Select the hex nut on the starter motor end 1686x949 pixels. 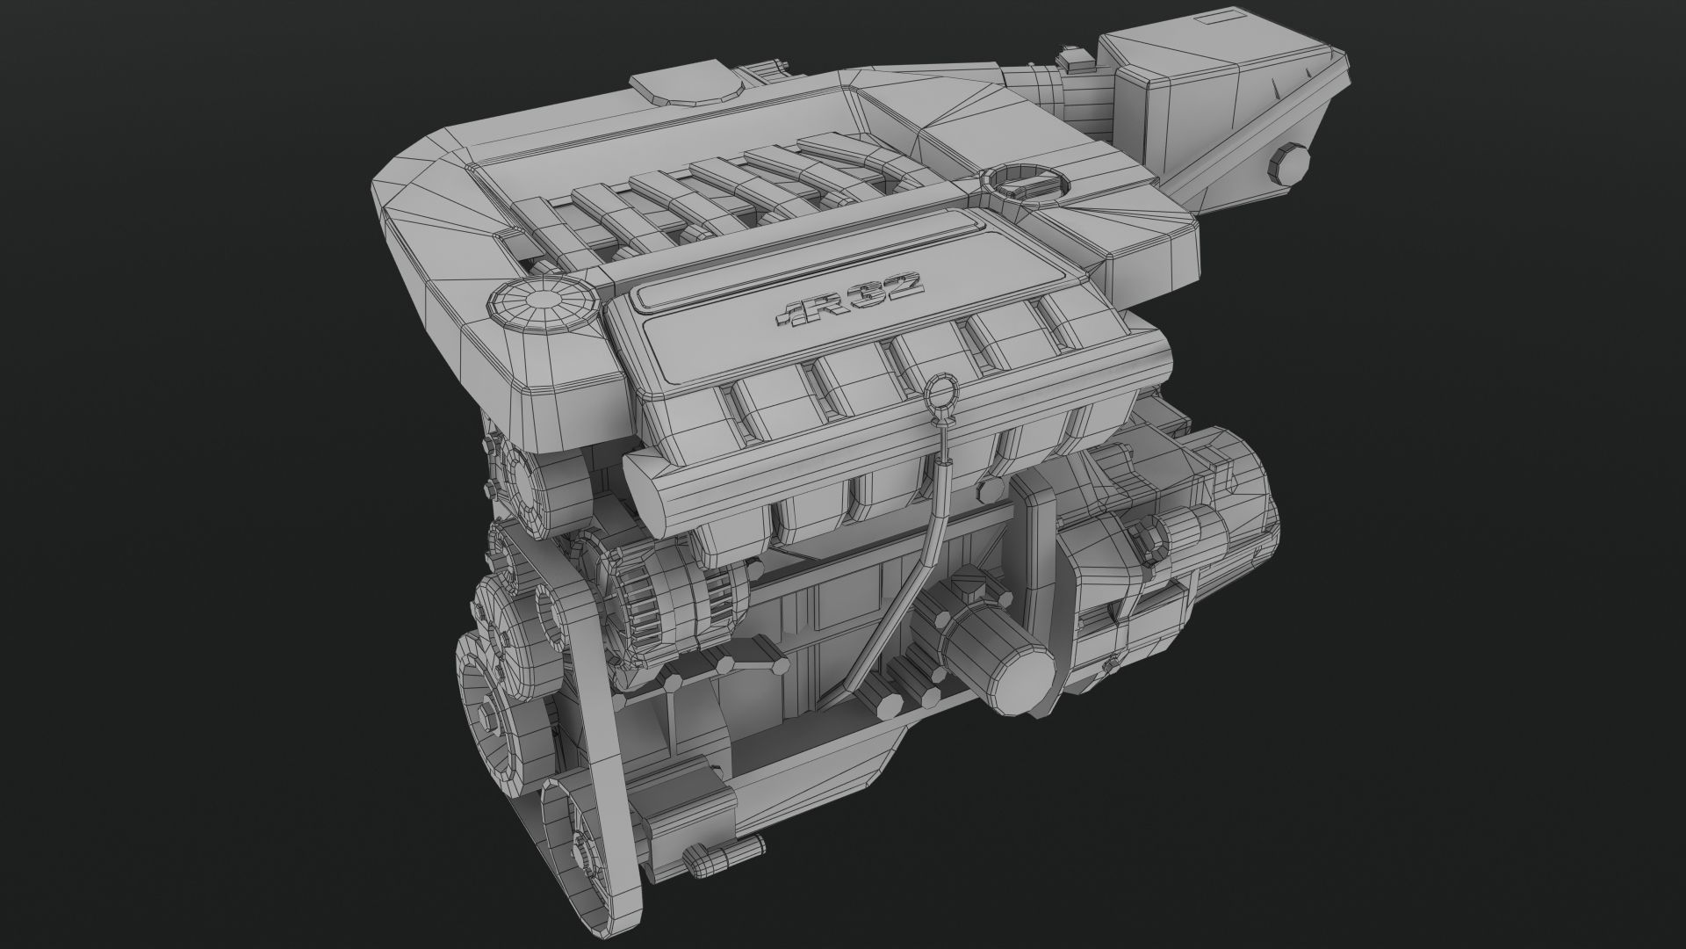point(1144,533)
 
